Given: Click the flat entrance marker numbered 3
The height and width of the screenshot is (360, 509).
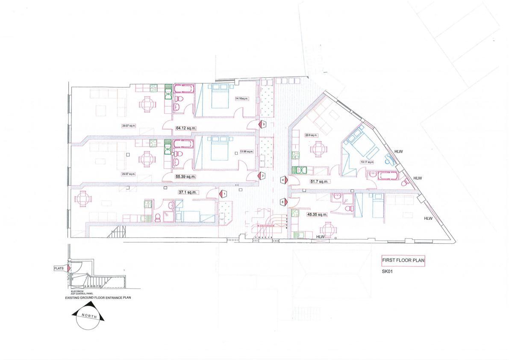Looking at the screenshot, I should point(264,124).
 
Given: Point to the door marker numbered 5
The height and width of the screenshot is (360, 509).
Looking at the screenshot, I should point(283,202).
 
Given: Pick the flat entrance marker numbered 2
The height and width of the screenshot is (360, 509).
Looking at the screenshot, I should point(263,176).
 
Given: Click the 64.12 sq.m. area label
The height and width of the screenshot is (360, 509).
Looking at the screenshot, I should point(185,127).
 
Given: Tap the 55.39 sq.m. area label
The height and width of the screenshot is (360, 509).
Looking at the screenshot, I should point(185,176).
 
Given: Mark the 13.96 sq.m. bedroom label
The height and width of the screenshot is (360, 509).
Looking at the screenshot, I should point(247,151).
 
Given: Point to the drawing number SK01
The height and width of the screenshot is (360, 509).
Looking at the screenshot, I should point(387,271).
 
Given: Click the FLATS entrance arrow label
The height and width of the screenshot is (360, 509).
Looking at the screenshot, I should point(59,269).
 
